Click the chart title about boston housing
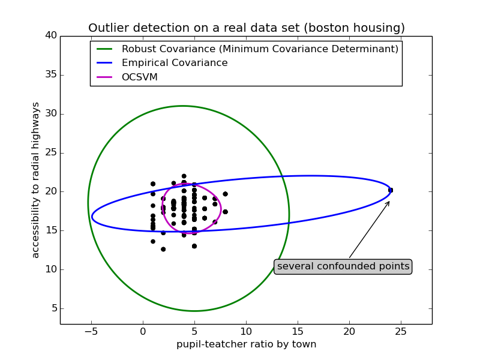pyautogui.click(x=246, y=28)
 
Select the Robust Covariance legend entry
pyautogui.click(x=260, y=49)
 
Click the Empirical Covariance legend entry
pyautogui.click(x=175, y=63)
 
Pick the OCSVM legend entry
pyautogui.click(x=139, y=77)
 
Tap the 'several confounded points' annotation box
pyautogui.click(x=343, y=266)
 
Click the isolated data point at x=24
pyautogui.click(x=391, y=190)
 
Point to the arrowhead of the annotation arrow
pyautogui.click(x=388, y=202)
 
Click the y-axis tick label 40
pyautogui.click(x=50, y=35)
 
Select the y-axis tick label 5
pyautogui.click(x=53, y=308)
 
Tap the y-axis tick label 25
pyautogui.click(x=50, y=152)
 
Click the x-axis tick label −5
pyautogui.click(x=91, y=332)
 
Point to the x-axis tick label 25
pyautogui.click(x=401, y=332)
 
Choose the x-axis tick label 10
pyautogui.click(x=246, y=332)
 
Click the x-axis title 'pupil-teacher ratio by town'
pyautogui.click(x=246, y=344)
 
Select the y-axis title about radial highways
pyautogui.click(x=36, y=180)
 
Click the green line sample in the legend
pyautogui.click(x=104, y=49)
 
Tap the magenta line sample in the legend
pyautogui.click(x=104, y=77)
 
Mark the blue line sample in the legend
pyautogui.click(x=104, y=63)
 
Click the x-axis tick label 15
pyautogui.click(x=298, y=332)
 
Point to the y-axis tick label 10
pyautogui.click(x=50, y=269)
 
